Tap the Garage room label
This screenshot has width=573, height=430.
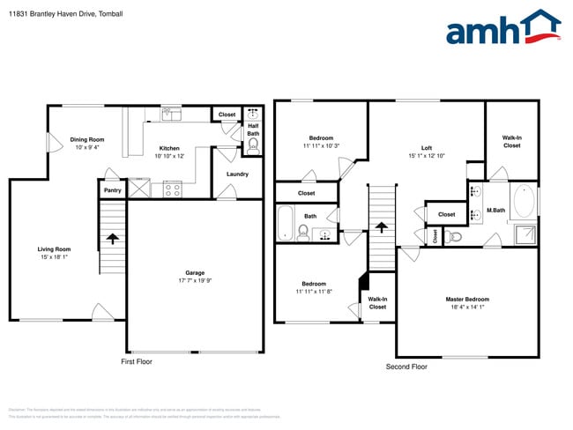[x=194, y=272]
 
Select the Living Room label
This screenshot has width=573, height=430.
[x=54, y=249]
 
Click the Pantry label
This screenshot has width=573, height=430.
[x=112, y=189]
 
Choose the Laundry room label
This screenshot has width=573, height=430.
[x=237, y=174]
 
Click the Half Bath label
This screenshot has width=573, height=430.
[x=252, y=130]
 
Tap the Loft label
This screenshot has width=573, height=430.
[x=427, y=148]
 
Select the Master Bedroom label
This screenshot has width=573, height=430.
[x=466, y=300]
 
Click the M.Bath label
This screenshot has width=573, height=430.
[x=495, y=211]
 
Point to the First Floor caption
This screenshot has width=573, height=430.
[x=137, y=361]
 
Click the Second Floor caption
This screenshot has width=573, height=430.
[x=406, y=366]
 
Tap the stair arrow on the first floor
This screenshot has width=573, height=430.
[x=112, y=237]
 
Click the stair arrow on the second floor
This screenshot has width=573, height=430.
[x=382, y=227]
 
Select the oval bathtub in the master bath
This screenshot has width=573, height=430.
[x=524, y=201]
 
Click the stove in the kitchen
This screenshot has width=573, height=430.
[x=171, y=188]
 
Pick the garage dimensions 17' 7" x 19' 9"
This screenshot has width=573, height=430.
[x=194, y=281]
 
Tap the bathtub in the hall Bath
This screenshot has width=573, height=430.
[x=286, y=223]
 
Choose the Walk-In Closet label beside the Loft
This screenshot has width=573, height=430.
[x=511, y=141]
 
